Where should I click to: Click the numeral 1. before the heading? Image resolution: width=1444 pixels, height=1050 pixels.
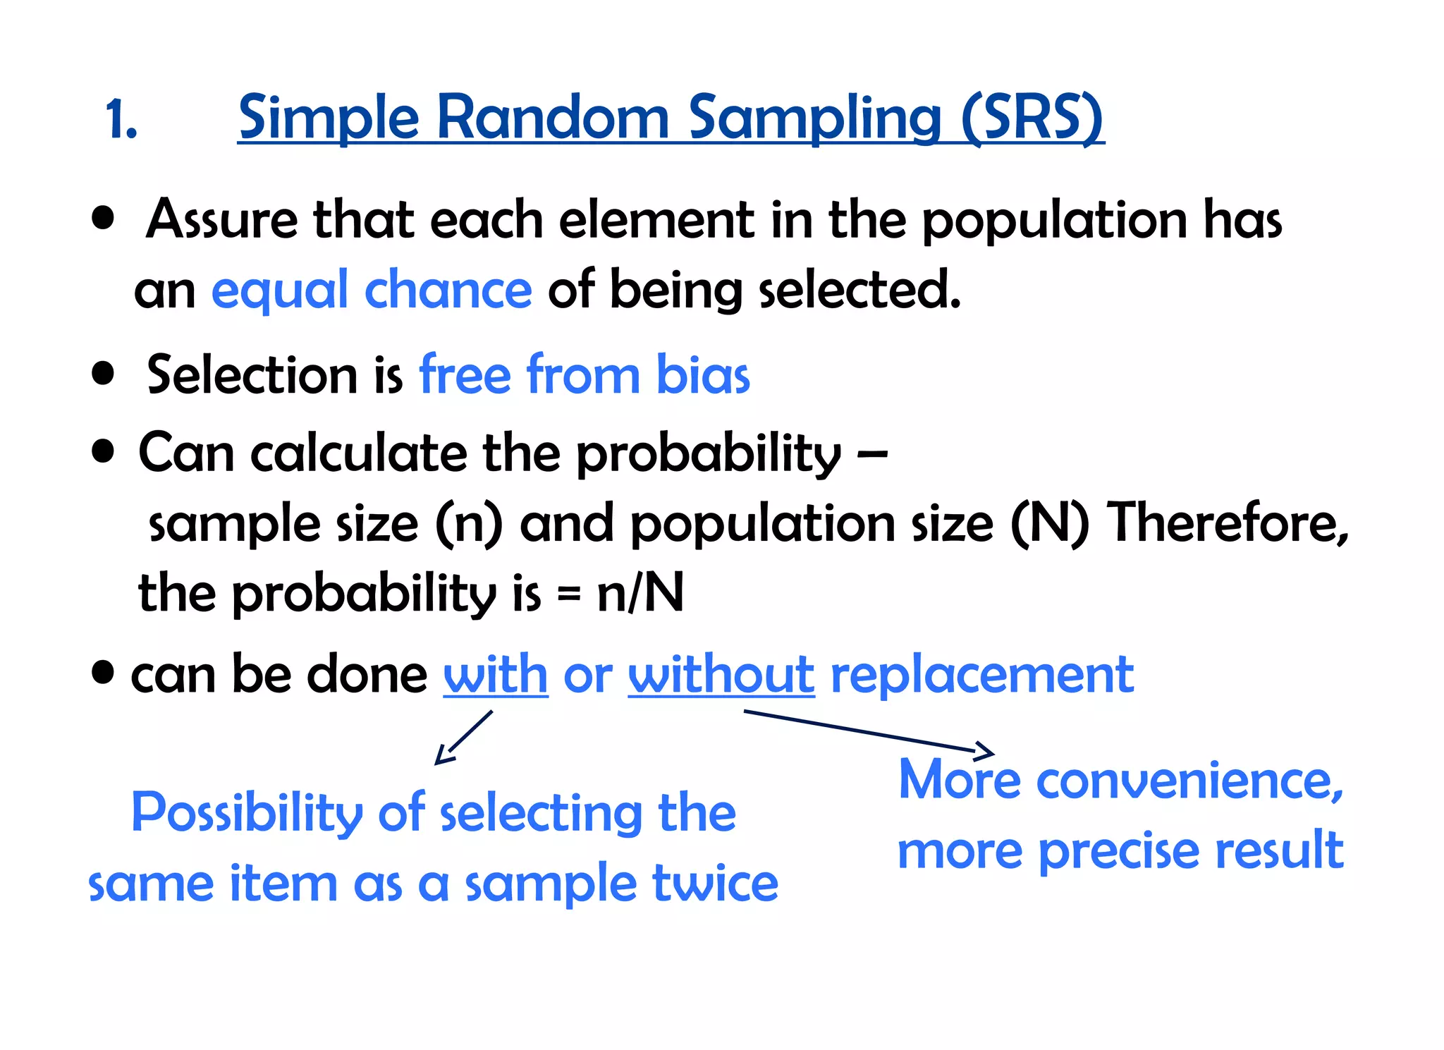pyautogui.click(x=121, y=119)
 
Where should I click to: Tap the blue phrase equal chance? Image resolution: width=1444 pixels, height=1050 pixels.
pyautogui.click(x=372, y=290)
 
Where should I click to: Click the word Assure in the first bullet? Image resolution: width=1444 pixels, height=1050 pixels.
pyautogui.click(x=221, y=219)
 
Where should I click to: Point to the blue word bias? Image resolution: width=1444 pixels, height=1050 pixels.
pyautogui.click(x=702, y=374)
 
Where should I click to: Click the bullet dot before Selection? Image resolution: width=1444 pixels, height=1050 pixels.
pyautogui.click(x=103, y=373)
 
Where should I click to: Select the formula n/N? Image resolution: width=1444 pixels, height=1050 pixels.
pyautogui.click(x=640, y=593)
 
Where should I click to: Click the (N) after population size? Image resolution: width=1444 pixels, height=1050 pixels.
pyautogui.click(x=1049, y=524)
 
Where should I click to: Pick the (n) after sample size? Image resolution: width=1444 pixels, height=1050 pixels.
pyautogui.click(x=469, y=524)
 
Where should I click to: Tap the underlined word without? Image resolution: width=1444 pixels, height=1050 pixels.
pyautogui.click(x=721, y=675)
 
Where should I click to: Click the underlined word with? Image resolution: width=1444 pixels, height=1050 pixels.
pyautogui.click(x=495, y=675)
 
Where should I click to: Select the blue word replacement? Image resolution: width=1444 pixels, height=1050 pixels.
pyautogui.click(x=982, y=675)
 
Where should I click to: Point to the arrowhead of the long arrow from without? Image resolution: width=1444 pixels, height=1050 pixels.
pyautogui.click(x=986, y=751)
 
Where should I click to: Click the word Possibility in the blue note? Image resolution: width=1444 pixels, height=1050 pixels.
pyautogui.click(x=247, y=813)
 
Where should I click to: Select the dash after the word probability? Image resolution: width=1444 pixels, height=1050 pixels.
pyautogui.click(x=873, y=455)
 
